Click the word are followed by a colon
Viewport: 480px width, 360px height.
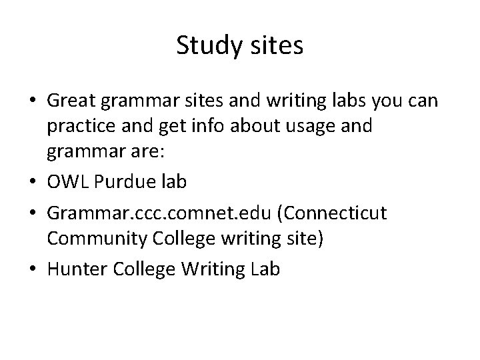coord(163,153)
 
